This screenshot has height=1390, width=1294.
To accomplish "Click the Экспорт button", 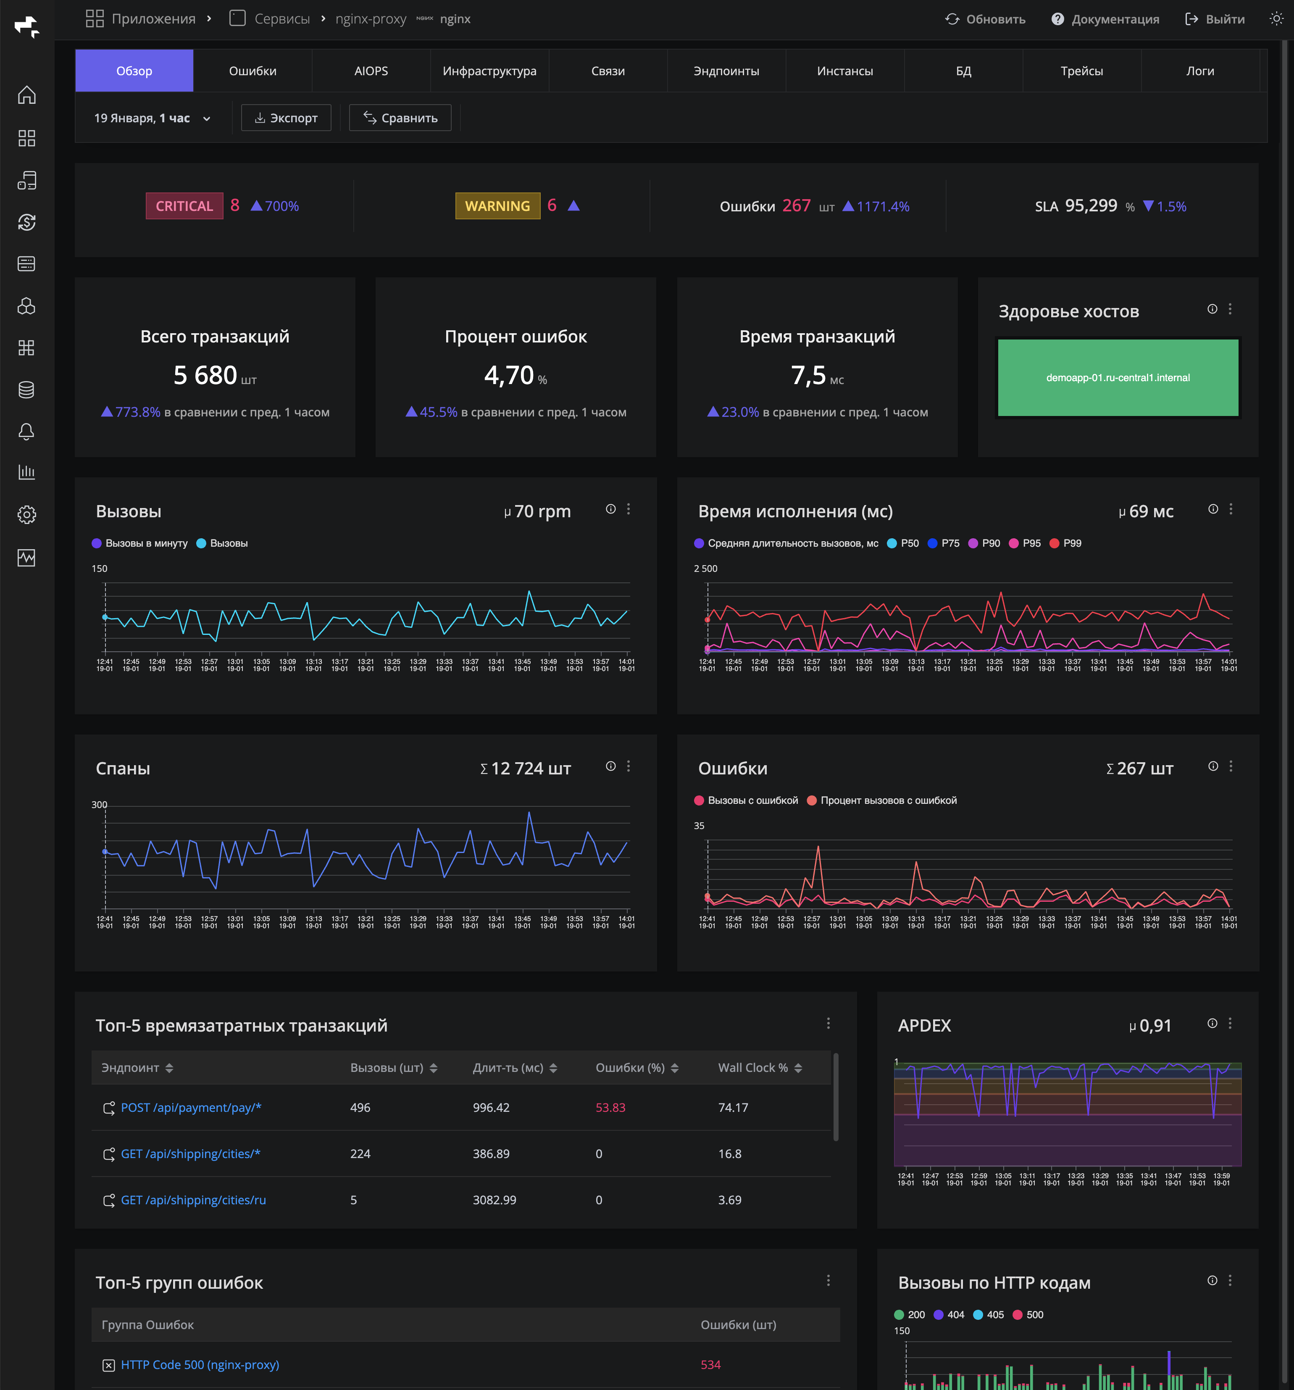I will tap(286, 118).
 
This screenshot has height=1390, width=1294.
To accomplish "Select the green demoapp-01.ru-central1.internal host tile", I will tap(1117, 378).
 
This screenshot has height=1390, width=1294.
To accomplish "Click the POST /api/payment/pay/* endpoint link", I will tap(191, 1108).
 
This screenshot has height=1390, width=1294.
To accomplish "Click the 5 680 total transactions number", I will tap(205, 376).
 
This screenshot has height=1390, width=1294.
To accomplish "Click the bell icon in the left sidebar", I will tap(26, 432).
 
